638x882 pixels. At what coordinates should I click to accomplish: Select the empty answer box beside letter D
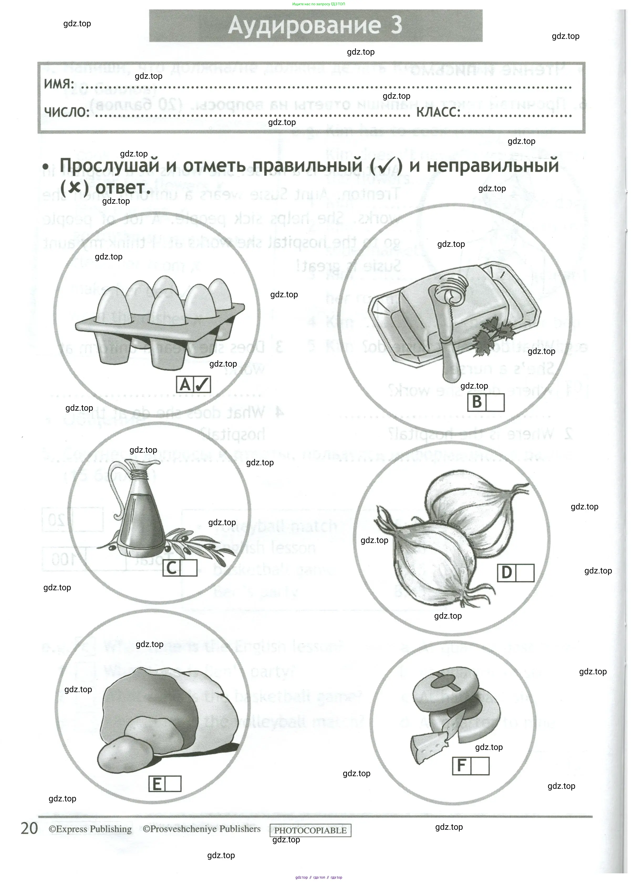point(525,573)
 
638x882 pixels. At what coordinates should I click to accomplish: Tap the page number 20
point(29,828)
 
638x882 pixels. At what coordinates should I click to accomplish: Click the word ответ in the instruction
point(123,187)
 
